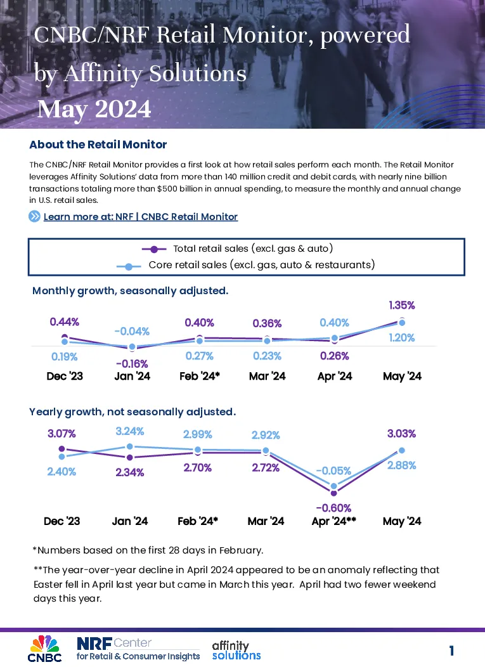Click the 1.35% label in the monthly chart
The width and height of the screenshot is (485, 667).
401,306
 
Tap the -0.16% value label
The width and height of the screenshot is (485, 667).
132,364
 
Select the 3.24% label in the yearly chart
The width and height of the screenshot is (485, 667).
130,431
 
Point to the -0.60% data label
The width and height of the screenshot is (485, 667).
333,508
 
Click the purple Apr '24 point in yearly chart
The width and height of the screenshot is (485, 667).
333,493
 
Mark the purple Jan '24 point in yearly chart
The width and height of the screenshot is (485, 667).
130,457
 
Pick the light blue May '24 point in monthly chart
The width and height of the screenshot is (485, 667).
401,323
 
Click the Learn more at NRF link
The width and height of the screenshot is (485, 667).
140,217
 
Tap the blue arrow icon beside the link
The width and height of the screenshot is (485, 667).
34,216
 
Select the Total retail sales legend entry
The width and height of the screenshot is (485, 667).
237,249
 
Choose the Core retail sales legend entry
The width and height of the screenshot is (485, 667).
246,265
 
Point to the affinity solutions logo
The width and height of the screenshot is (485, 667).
236,651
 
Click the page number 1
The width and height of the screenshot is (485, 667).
451,651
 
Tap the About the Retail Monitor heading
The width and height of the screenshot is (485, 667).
98,145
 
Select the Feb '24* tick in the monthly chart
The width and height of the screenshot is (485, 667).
200,376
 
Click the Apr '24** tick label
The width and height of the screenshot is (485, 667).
334,521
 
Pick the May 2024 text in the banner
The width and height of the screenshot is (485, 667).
94,109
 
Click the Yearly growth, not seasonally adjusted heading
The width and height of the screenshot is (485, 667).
133,412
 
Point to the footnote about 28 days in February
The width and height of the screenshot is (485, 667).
148,550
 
